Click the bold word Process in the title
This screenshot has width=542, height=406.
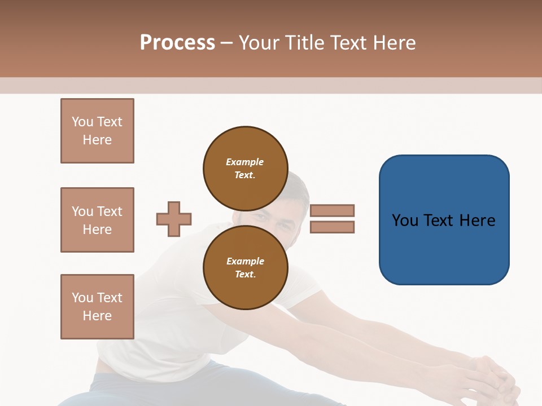coord(177,43)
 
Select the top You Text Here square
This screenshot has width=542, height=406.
coord(97,131)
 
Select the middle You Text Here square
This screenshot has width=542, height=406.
coord(97,220)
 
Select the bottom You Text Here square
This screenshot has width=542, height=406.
coord(97,307)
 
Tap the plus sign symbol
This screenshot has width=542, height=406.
coord(174,219)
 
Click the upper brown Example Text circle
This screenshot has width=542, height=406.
coord(245,168)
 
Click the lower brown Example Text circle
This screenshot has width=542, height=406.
coord(245,267)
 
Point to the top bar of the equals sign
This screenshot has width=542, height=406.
coord(332,210)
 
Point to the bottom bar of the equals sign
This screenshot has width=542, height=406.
coord(332,227)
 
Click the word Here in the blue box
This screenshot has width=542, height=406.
coord(477,220)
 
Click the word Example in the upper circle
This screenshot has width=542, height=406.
coord(245,162)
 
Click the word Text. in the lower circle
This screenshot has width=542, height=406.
coord(245,275)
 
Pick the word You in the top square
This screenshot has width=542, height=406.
coord(82,122)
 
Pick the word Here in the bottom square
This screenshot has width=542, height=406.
coord(97,316)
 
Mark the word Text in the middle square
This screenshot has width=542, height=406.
coord(109,211)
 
